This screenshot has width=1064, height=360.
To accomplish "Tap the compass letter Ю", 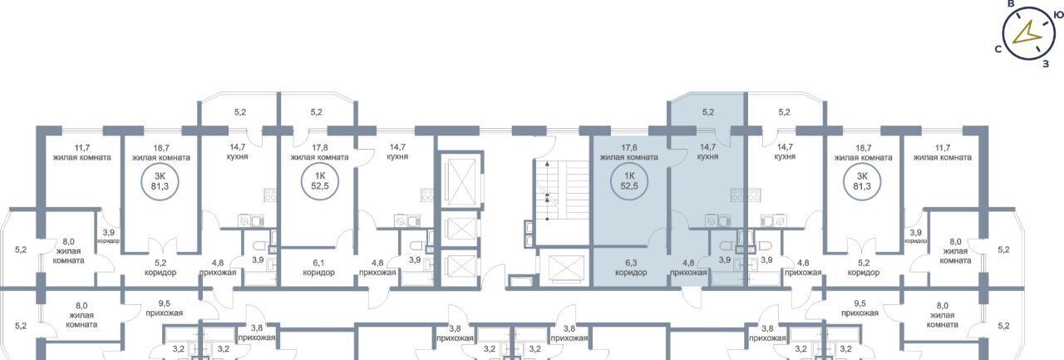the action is [1058, 16].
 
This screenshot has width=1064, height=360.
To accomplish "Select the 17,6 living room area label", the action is [628, 152].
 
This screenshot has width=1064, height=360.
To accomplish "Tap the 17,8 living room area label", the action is [319, 152].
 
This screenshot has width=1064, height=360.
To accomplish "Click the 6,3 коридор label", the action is [631, 268].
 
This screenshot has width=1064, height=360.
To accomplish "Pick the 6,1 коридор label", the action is [318, 268].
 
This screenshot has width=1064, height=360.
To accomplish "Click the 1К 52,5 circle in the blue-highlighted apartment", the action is [629, 181].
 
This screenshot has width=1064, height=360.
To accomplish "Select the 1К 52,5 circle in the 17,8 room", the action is [320, 181].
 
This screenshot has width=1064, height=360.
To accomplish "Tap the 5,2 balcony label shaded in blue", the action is [707, 112].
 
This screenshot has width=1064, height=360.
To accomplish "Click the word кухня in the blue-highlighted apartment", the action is [707, 157].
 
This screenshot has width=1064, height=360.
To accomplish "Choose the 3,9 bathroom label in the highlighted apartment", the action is [725, 259].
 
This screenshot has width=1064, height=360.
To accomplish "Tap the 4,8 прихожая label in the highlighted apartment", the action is [688, 268].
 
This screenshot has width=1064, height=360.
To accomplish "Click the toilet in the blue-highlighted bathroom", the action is [727, 246].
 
